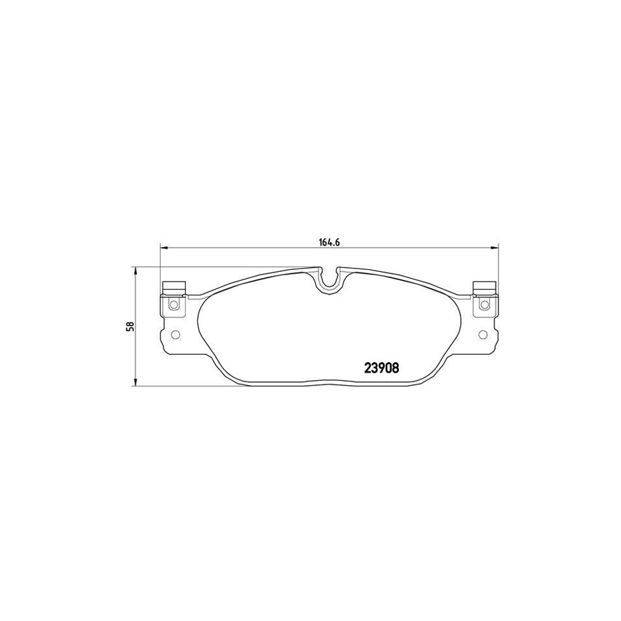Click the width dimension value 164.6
coord(330,241)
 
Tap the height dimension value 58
coord(128,326)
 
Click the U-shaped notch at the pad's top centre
coord(329,280)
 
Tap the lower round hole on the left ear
coord(174,335)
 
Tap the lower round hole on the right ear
coord(483,335)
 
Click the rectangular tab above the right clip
coord(484,288)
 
